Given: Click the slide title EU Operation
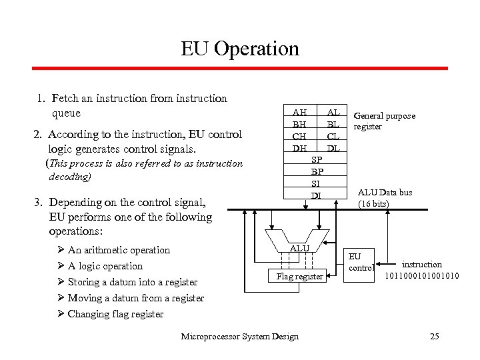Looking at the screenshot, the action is coord(240,49).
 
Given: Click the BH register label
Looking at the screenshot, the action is coord(299,125).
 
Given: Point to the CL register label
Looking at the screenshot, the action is coord(333,137).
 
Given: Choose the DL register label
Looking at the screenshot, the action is coord(333,148).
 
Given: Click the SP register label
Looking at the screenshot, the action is coord(317,160).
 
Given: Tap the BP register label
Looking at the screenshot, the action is coord(317,171).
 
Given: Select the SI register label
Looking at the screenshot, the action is coord(317,183).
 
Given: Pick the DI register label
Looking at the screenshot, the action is coord(317,195).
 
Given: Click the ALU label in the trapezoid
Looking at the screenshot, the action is coord(300,248).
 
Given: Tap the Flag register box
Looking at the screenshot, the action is coord(300,276).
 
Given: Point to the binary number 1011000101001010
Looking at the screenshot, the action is coord(422,275).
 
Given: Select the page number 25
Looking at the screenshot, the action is coord(435,336).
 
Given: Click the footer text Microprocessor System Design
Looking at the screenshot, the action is coord(240,336).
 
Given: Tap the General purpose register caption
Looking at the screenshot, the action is coord(384,121).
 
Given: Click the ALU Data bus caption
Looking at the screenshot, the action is coord(385,198).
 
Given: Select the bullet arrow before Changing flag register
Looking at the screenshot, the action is coord(61,314).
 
